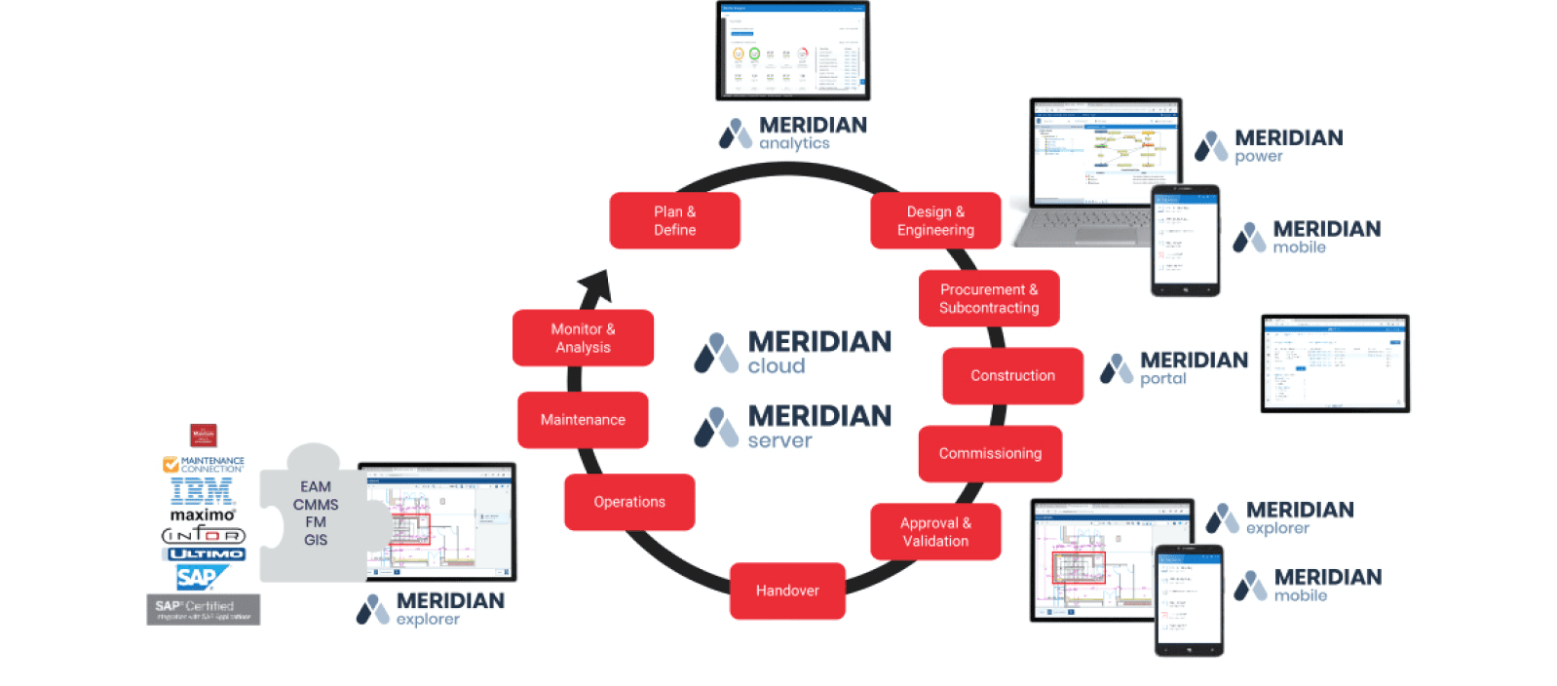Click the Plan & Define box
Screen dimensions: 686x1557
(674, 220)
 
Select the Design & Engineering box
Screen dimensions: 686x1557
(935, 220)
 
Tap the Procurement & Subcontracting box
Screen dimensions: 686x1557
(988, 298)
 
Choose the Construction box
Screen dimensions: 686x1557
(1012, 375)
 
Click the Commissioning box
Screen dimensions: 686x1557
(990, 453)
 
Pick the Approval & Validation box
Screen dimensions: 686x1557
(935, 531)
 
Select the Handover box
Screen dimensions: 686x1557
(787, 591)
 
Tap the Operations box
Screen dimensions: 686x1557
(629, 502)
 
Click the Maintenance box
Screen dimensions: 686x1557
(583, 420)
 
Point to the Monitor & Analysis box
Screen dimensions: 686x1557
(583, 338)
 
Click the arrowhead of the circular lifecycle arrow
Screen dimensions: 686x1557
(597, 286)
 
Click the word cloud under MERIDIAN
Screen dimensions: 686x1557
(777, 366)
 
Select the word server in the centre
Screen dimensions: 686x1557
(779, 440)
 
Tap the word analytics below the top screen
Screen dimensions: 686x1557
(794, 143)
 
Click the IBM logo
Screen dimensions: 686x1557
(202, 491)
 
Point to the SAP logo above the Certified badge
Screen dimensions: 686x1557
(199, 578)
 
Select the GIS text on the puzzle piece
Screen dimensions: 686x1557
(316, 540)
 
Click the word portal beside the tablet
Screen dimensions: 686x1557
(1163, 378)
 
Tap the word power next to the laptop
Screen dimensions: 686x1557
(1258, 156)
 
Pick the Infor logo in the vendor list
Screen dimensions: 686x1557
(203, 534)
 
